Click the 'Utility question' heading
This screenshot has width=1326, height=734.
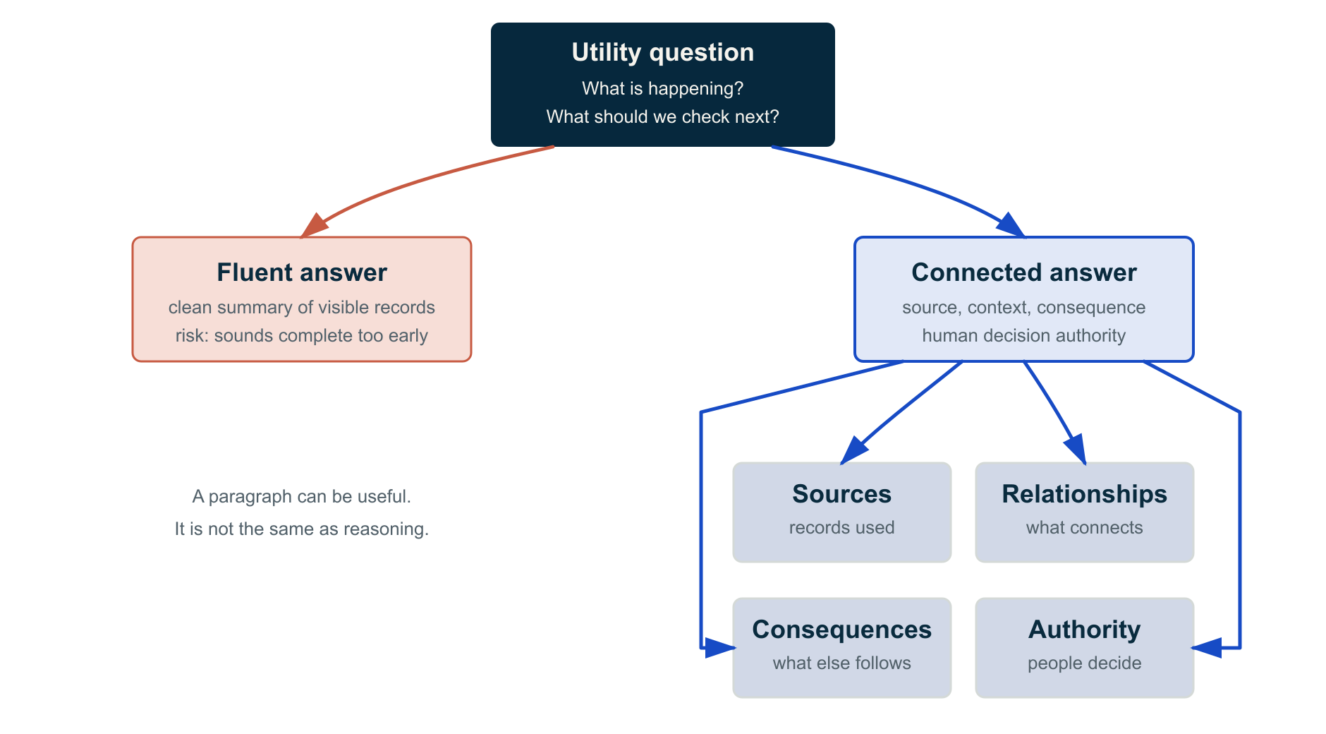(x=663, y=53)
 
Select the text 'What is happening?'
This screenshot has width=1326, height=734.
(x=663, y=88)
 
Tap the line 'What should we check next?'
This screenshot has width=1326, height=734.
(x=663, y=116)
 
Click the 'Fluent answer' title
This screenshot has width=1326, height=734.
(x=302, y=272)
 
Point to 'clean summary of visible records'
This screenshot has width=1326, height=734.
(x=302, y=308)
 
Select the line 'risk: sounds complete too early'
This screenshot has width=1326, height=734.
(x=302, y=336)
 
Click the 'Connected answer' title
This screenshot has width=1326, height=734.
(x=1024, y=272)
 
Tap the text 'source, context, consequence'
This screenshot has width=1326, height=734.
(x=1024, y=308)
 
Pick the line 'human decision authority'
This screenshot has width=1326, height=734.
(x=1024, y=336)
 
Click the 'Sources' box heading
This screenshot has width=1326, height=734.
(x=842, y=494)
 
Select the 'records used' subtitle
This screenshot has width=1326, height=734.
(x=842, y=528)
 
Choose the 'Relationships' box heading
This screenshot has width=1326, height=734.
(x=1085, y=494)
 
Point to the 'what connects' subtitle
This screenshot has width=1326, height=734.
(x=1085, y=528)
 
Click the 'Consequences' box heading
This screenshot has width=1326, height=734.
(x=842, y=630)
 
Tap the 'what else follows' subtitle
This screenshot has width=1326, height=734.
(x=842, y=663)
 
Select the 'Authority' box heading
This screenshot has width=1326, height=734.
(x=1085, y=630)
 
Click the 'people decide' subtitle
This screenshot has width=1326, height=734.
(x=1085, y=663)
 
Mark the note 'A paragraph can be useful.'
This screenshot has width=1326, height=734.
(x=302, y=497)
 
